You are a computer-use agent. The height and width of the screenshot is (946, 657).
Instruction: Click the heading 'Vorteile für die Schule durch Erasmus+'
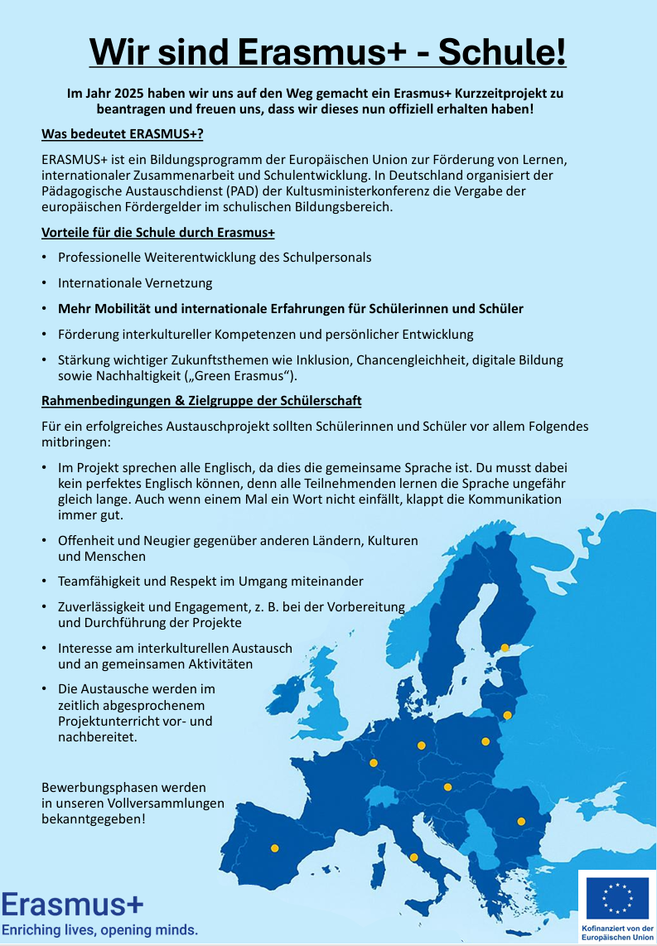tap(158, 232)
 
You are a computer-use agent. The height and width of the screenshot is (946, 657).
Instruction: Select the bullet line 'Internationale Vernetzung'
tap(135, 282)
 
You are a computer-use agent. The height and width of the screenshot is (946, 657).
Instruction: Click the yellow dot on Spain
tap(275, 847)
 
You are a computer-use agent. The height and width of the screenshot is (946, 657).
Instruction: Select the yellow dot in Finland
tap(505, 647)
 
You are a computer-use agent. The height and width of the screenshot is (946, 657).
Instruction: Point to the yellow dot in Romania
tap(521, 821)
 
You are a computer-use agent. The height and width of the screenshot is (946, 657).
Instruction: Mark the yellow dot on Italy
tap(413, 857)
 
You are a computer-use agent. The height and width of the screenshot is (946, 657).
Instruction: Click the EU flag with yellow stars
tap(617, 899)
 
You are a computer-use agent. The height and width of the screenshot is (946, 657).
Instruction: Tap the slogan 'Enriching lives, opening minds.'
tap(99, 930)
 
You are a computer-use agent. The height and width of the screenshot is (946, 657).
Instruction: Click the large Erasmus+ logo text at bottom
tap(72, 903)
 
